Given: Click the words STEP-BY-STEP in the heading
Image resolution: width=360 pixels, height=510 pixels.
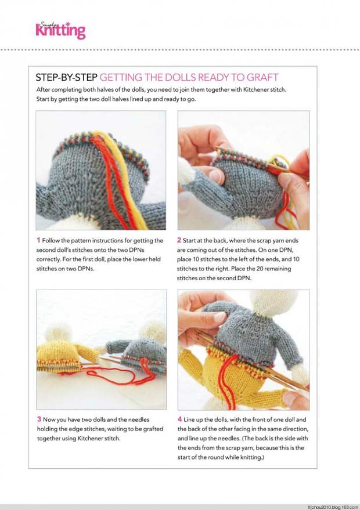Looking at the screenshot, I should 66,77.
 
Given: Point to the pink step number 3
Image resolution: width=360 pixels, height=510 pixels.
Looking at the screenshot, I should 39,419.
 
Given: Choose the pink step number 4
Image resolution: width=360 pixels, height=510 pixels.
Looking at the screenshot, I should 180,419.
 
